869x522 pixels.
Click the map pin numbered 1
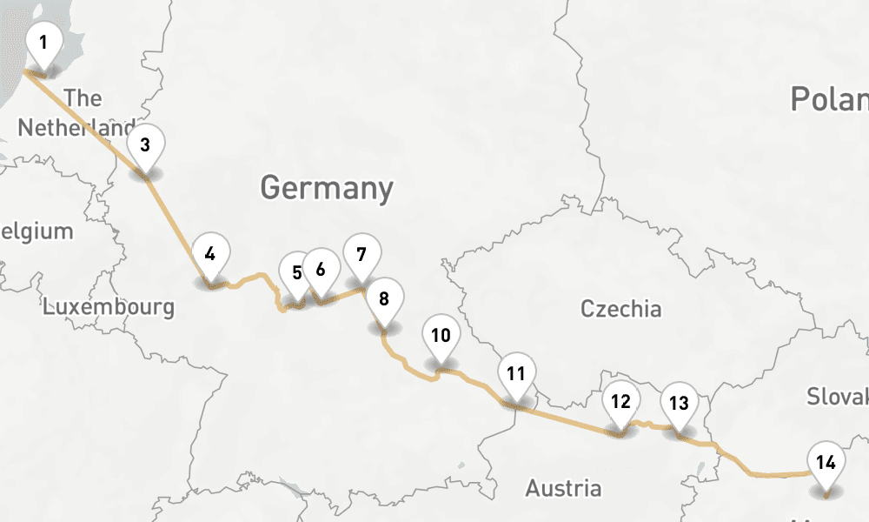coord(43,43)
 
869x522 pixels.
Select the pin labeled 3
coord(145,145)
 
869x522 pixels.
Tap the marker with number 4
coord(209,254)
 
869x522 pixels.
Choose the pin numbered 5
coord(296,273)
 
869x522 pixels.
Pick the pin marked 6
coord(321,269)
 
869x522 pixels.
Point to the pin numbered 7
coord(362,255)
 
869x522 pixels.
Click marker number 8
coord(383,298)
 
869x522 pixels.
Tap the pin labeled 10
coord(441,335)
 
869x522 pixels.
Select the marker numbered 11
coord(516,375)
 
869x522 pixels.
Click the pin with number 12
coord(620,402)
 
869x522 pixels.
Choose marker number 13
coord(679,404)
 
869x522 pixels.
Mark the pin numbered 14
coord(826,463)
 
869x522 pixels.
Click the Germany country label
coord(326,188)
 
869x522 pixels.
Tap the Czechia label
coord(620,309)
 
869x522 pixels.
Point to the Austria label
coord(563,488)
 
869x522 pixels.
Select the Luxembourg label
coord(109,307)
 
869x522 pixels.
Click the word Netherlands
coord(76,128)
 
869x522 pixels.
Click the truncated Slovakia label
coord(837,397)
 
